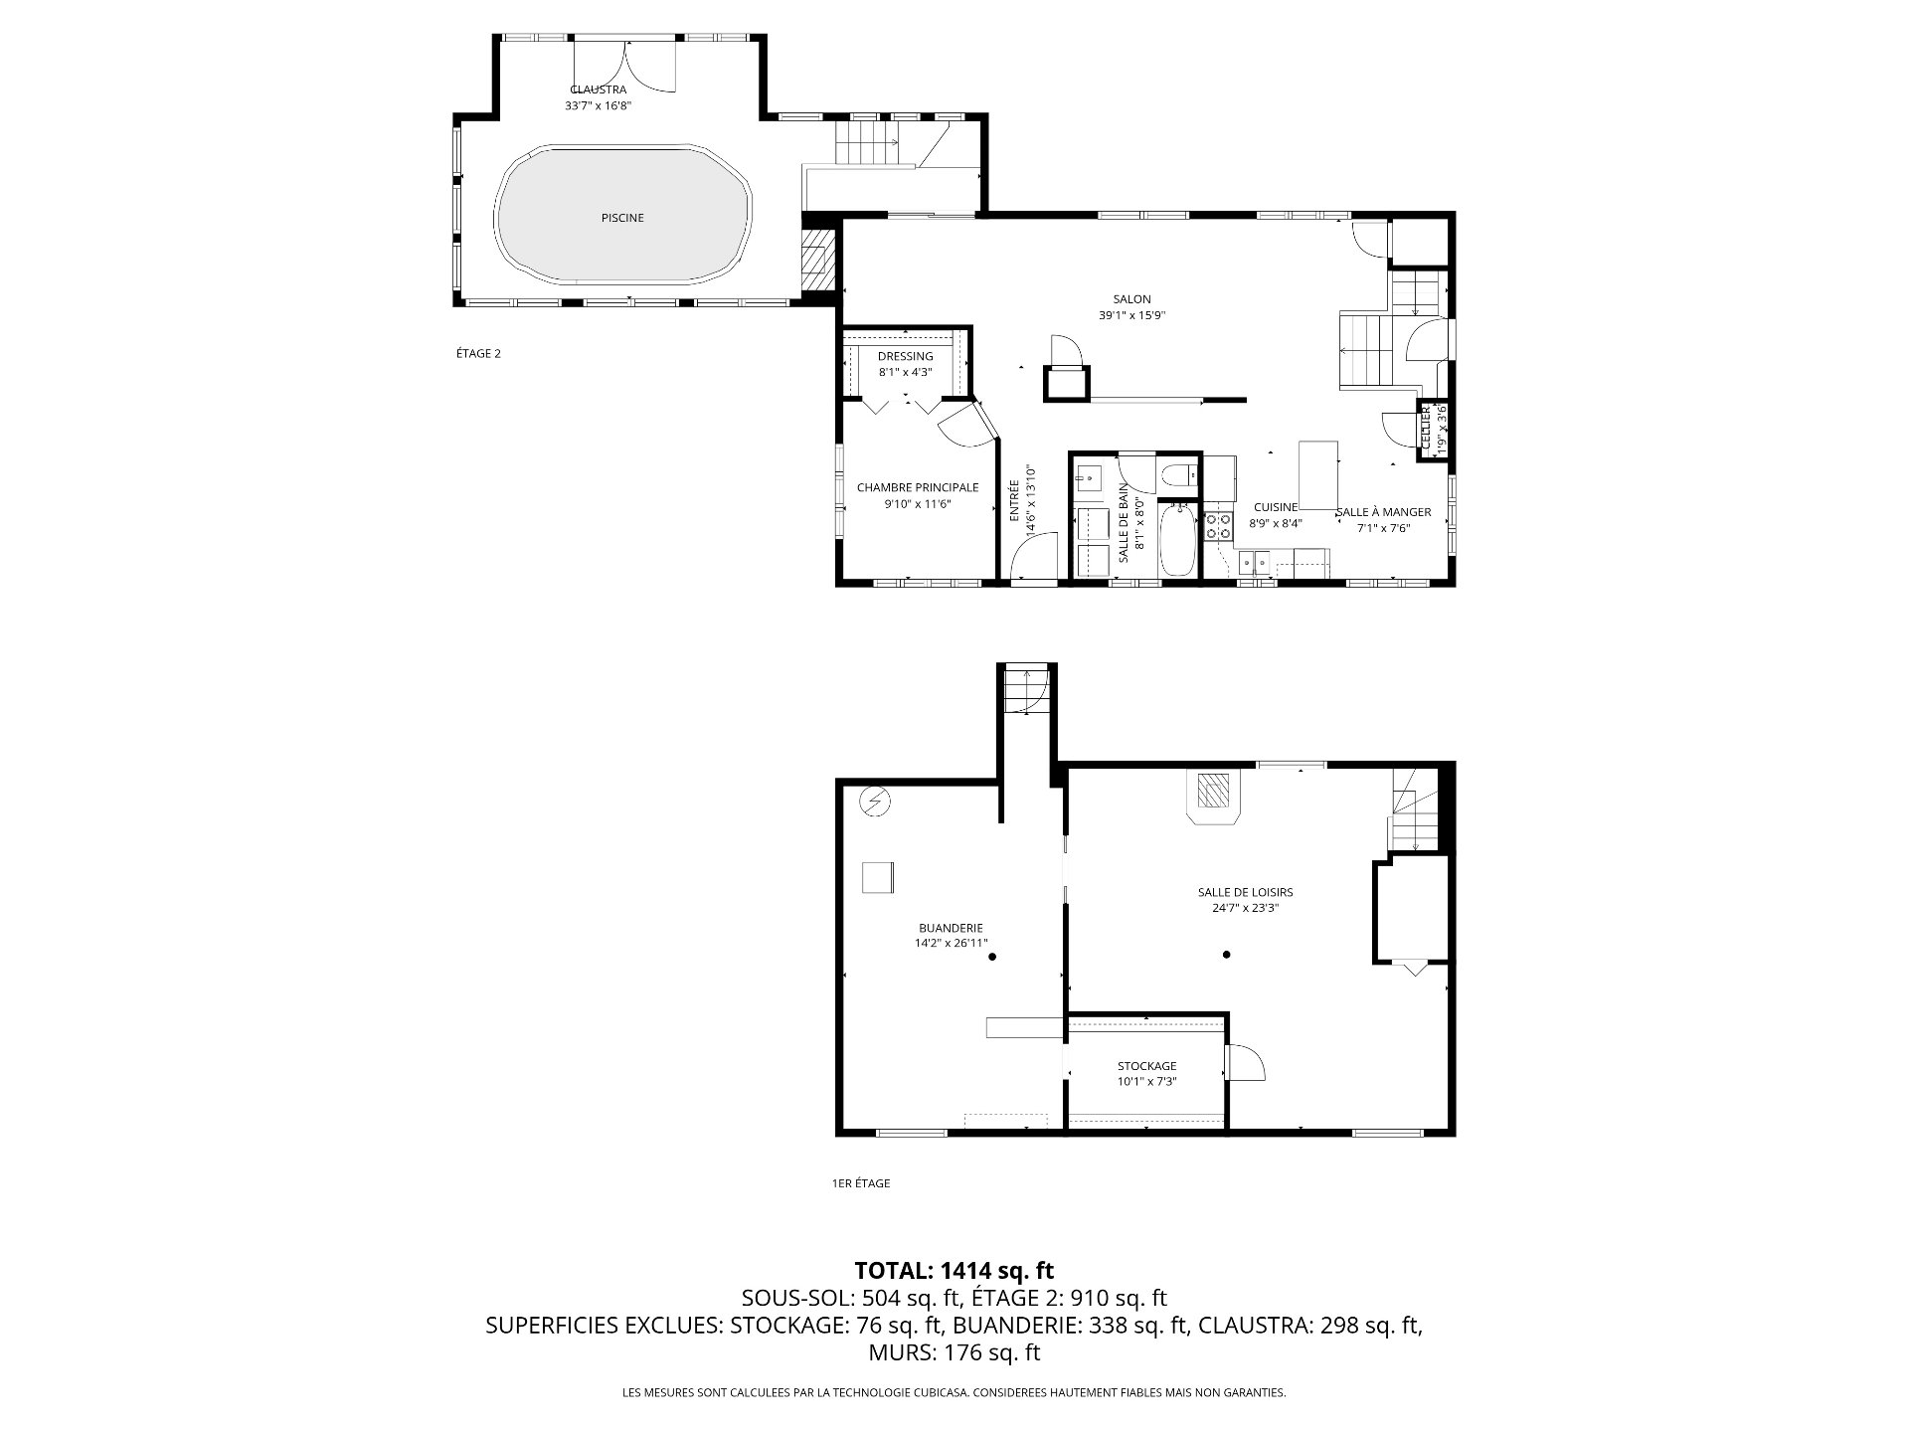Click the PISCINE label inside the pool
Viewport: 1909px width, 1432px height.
pyautogui.click(x=622, y=218)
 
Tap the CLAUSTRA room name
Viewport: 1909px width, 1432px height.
pyautogui.click(x=599, y=89)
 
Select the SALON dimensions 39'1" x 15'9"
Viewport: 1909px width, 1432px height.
pyautogui.click(x=1131, y=315)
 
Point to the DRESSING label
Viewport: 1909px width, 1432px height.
pyautogui.click(x=906, y=356)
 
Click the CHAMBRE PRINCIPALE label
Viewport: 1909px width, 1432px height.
pyautogui.click(x=918, y=487)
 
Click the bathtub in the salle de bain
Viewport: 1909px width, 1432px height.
pyautogui.click(x=1179, y=539)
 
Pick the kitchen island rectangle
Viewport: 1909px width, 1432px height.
pyautogui.click(x=1318, y=475)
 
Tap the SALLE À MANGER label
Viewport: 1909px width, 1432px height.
pyautogui.click(x=1383, y=512)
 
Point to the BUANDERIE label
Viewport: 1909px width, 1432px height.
pyautogui.click(x=951, y=928)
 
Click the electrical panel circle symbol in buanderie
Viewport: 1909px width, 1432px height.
pyautogui.click(x=875, y=801)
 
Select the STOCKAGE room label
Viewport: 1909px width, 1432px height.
pyautogui.click(x=1146, y=1066)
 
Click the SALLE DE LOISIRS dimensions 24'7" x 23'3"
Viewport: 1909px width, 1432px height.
pyautogui.click(x=1245, y=908)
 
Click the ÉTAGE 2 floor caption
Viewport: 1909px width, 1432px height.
pyautogui.click(x=478, y=353)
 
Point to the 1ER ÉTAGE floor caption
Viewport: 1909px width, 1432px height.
pyautogui.click(x=861, y=1183)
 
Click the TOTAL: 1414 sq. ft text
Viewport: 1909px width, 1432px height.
pyautogui.click(x=954, y=1270)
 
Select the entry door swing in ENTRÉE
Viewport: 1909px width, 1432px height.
pyautogui.click(x=1034, y=556)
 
